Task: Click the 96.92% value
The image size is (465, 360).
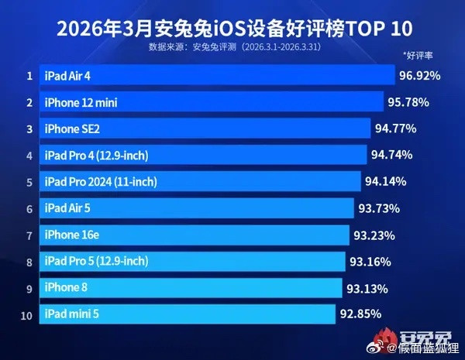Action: pyautogui.click(x=419, y=76)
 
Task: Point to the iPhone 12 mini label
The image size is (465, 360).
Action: pyautogui.click(x=81, y=102)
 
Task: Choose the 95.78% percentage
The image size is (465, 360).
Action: pyautogui.click(x=408, y=102)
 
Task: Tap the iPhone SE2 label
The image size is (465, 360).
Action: pyautogui.click(x=73, y=129)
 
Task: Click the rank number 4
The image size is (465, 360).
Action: pyautogui.click(x=29, y=156)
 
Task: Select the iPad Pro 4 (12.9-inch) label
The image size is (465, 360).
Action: pyautogui.click(x=96, y=156)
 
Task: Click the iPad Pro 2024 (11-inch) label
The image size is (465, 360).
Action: pyautogui.click(x=101, y=182)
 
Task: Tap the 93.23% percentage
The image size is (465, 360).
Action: pyautogui.click(x=374, y=235)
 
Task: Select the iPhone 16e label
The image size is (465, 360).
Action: pyautogui.click(x=73, y=235)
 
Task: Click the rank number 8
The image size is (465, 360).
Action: pyautogui.click(x=29, y=262)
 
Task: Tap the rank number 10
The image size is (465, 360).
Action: pyautogui.click(x=29, y=314)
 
